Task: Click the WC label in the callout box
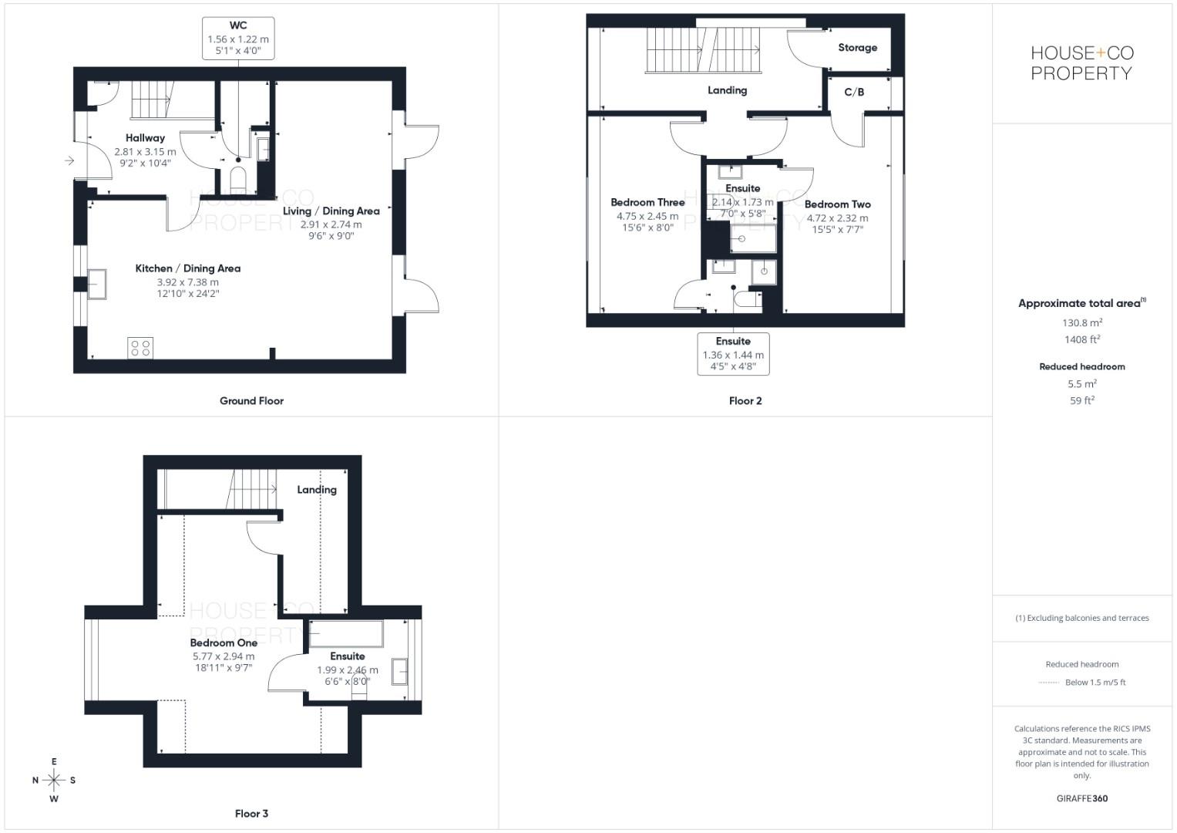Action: [238, 25]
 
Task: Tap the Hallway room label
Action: [145, 138]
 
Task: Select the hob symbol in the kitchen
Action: [140, 348]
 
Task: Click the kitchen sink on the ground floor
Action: [97, 283]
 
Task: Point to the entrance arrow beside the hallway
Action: [69, 160]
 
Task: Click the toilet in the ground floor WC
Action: [238, 180]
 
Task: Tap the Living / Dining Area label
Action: [331, 211]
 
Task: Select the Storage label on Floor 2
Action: [857, 48]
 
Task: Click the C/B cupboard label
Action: [854, 92]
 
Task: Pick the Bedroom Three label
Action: [647, 202]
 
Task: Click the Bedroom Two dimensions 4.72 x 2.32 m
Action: [837, 218]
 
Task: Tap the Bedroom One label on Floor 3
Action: [224, 642]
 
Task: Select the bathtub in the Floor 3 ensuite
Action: [346, 634]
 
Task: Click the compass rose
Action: [54, 780]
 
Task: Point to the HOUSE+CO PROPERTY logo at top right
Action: [1081, 63]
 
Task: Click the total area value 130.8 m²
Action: [1081, 323]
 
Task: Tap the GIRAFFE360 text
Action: [1081, 798]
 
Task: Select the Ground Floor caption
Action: [251, 400]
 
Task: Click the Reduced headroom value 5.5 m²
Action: [1081, 383]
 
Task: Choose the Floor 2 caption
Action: [745, 400]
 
